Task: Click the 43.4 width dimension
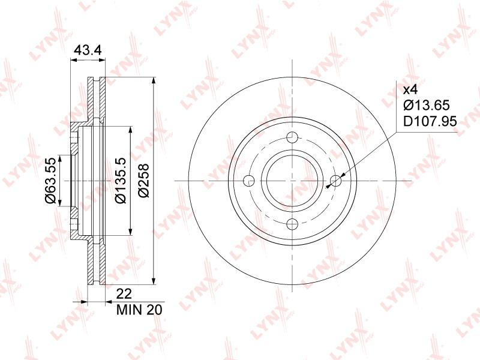click(88, 50)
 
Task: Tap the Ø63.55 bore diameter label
click(50, 181)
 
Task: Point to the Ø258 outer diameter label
click(143, 181)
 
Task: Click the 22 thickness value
click(124, 294)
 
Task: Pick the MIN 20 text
click(139, 310)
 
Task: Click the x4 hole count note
click(410, 90)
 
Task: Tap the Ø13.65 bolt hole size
click(427, 106)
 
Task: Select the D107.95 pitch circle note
click(430, 122)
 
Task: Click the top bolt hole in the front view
click(293, 137)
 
